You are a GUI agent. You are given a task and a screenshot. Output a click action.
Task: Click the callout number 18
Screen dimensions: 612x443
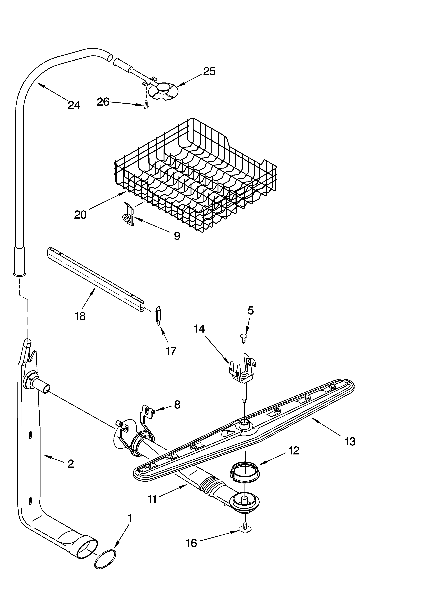click(x=80, y=316)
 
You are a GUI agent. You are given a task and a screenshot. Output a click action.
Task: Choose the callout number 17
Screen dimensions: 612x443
click(x=171, y=351)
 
